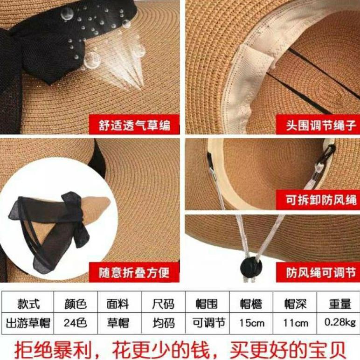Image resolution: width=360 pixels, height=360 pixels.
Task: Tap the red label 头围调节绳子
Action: (x=321, y=125)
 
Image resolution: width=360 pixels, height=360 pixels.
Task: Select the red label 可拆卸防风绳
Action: (x=322, y=200)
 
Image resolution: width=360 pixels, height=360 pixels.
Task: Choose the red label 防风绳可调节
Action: (x=322, y=272)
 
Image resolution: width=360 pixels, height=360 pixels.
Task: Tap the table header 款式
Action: (x=28, y=304)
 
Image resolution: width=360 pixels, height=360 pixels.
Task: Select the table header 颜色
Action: (x=76, y=304)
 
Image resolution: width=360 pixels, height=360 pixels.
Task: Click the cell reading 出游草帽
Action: (x=28, y=322)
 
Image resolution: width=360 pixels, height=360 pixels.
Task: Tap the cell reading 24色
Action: (x=76, y=322)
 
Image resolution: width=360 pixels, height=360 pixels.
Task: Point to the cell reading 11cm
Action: (x=295, y=323)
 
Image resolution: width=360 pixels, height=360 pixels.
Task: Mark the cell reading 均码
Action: (x=163, y=322)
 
